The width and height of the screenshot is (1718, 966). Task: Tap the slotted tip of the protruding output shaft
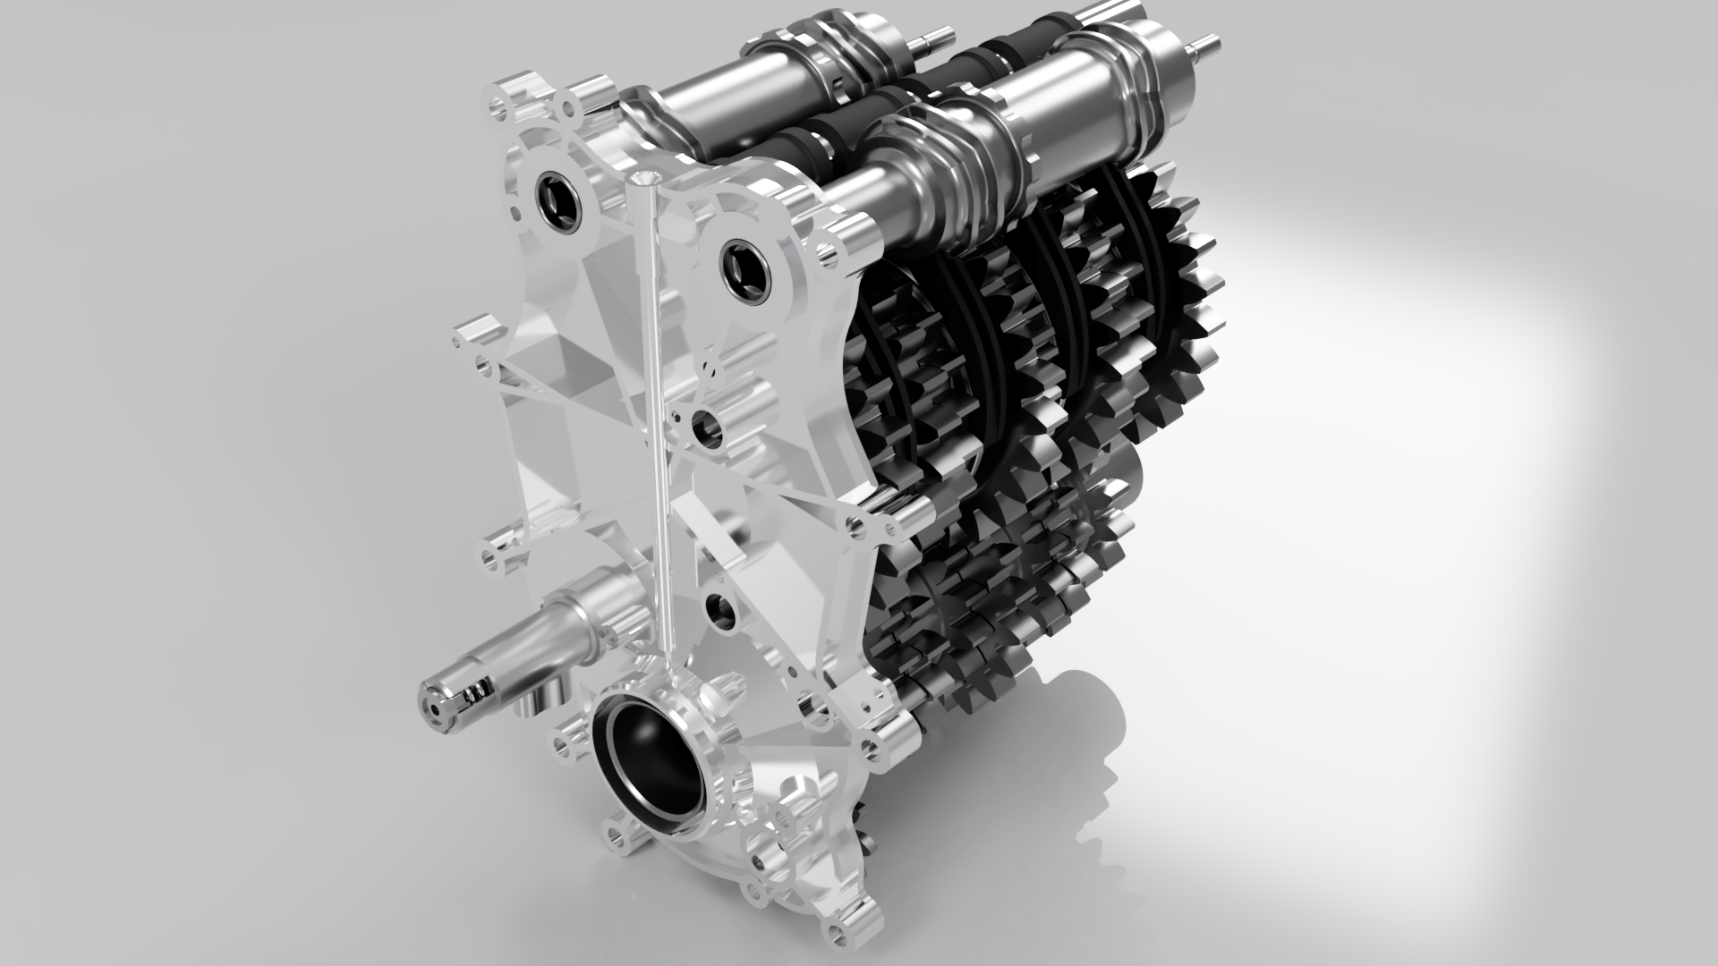click(x=438, y=706)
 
